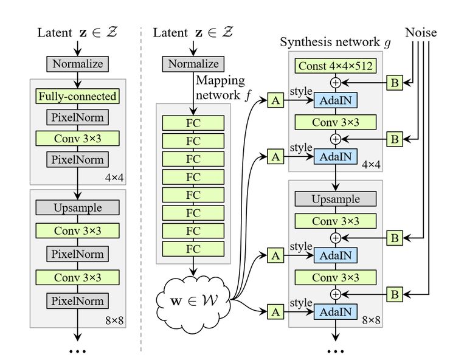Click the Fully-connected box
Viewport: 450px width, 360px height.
click(x=77, y=96)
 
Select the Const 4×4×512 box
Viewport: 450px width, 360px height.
click(x=336, y=66)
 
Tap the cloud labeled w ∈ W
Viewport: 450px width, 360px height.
click(x=193, y=302)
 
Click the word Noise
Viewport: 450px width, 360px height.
click(x=421, y=32)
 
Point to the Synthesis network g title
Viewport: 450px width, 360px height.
click(x=335, y=42)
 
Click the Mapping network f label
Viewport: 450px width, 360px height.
click(x=220, y=88)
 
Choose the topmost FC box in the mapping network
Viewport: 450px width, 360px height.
click(x=193, y=123)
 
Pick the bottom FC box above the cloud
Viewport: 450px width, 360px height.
click(x=193, y=249)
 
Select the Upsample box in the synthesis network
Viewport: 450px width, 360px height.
click(x=336, y=199)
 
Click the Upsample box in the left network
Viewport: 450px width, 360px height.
click(x=77, y=207)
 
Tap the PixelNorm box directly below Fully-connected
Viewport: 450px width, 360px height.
click(x=77, y=117)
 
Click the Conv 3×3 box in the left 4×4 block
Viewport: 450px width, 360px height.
click(x=77, y=139)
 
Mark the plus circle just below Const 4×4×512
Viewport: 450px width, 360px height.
click(x=336, y=83)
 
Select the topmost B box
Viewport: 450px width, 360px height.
click(x=395, y=83)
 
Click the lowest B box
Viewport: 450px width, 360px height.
click(x=395, y=294)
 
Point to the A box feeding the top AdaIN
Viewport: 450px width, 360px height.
click(x=275, y=100)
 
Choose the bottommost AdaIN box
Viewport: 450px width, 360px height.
click(x=336, y=312)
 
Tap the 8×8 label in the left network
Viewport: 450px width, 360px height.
click(x=114, y=320)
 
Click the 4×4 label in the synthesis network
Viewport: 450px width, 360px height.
click(x=371, y=165)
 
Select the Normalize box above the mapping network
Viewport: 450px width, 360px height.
click(x=193, y=64)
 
